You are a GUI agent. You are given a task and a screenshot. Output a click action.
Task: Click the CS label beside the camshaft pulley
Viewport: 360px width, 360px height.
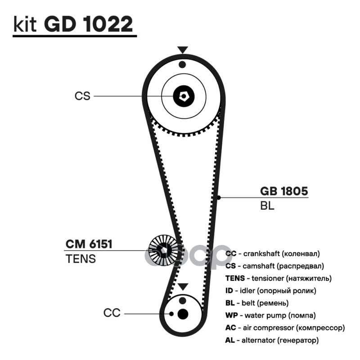(82, 96)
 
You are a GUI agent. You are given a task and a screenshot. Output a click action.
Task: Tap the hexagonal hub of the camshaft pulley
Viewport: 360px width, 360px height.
(184, 95)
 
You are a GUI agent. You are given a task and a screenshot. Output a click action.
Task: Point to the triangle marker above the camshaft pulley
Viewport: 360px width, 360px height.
(182, 50)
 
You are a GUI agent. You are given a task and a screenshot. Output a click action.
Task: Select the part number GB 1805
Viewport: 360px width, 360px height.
(284, 191)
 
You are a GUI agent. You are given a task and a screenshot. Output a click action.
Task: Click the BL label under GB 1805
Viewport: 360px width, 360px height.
(267, 207)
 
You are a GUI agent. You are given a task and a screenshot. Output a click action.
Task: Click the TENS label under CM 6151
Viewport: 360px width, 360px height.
(81, 259)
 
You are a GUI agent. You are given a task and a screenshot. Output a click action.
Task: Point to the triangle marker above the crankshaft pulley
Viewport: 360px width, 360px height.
(182, 287)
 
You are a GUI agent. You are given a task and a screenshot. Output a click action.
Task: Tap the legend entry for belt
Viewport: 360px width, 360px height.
(257, 303)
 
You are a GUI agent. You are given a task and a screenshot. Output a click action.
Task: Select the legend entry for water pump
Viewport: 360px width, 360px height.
(270, 315)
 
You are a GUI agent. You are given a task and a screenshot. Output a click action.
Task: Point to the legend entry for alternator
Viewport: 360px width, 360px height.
(272, 340)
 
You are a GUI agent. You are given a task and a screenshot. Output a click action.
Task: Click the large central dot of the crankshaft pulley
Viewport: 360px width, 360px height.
(182, 314)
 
